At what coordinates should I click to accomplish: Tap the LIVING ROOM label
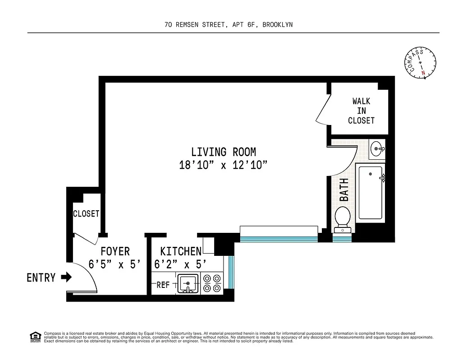(224, 152)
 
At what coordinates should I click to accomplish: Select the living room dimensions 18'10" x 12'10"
(224, 165)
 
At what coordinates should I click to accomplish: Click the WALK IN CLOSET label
(361, 111)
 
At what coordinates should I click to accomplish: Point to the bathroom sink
(377, 148)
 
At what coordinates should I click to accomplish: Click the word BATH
(344, 190)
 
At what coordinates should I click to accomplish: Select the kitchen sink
(188, 283)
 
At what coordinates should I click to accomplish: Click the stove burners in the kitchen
(212, 283)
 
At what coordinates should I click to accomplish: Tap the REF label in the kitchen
(163, 285)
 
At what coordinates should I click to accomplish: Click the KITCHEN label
(181, 251)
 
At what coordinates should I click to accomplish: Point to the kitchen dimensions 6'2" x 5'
(180, 264)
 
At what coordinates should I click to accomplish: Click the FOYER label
(115, 251)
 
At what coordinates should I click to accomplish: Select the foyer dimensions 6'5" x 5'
(115, 265)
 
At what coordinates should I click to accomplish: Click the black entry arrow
(66, 277)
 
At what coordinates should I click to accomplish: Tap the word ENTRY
(41, 278)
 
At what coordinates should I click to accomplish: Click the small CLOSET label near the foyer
(86, 213)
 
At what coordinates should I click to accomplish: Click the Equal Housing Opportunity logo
(35, 336)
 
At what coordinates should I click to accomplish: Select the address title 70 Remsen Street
(229, 25)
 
